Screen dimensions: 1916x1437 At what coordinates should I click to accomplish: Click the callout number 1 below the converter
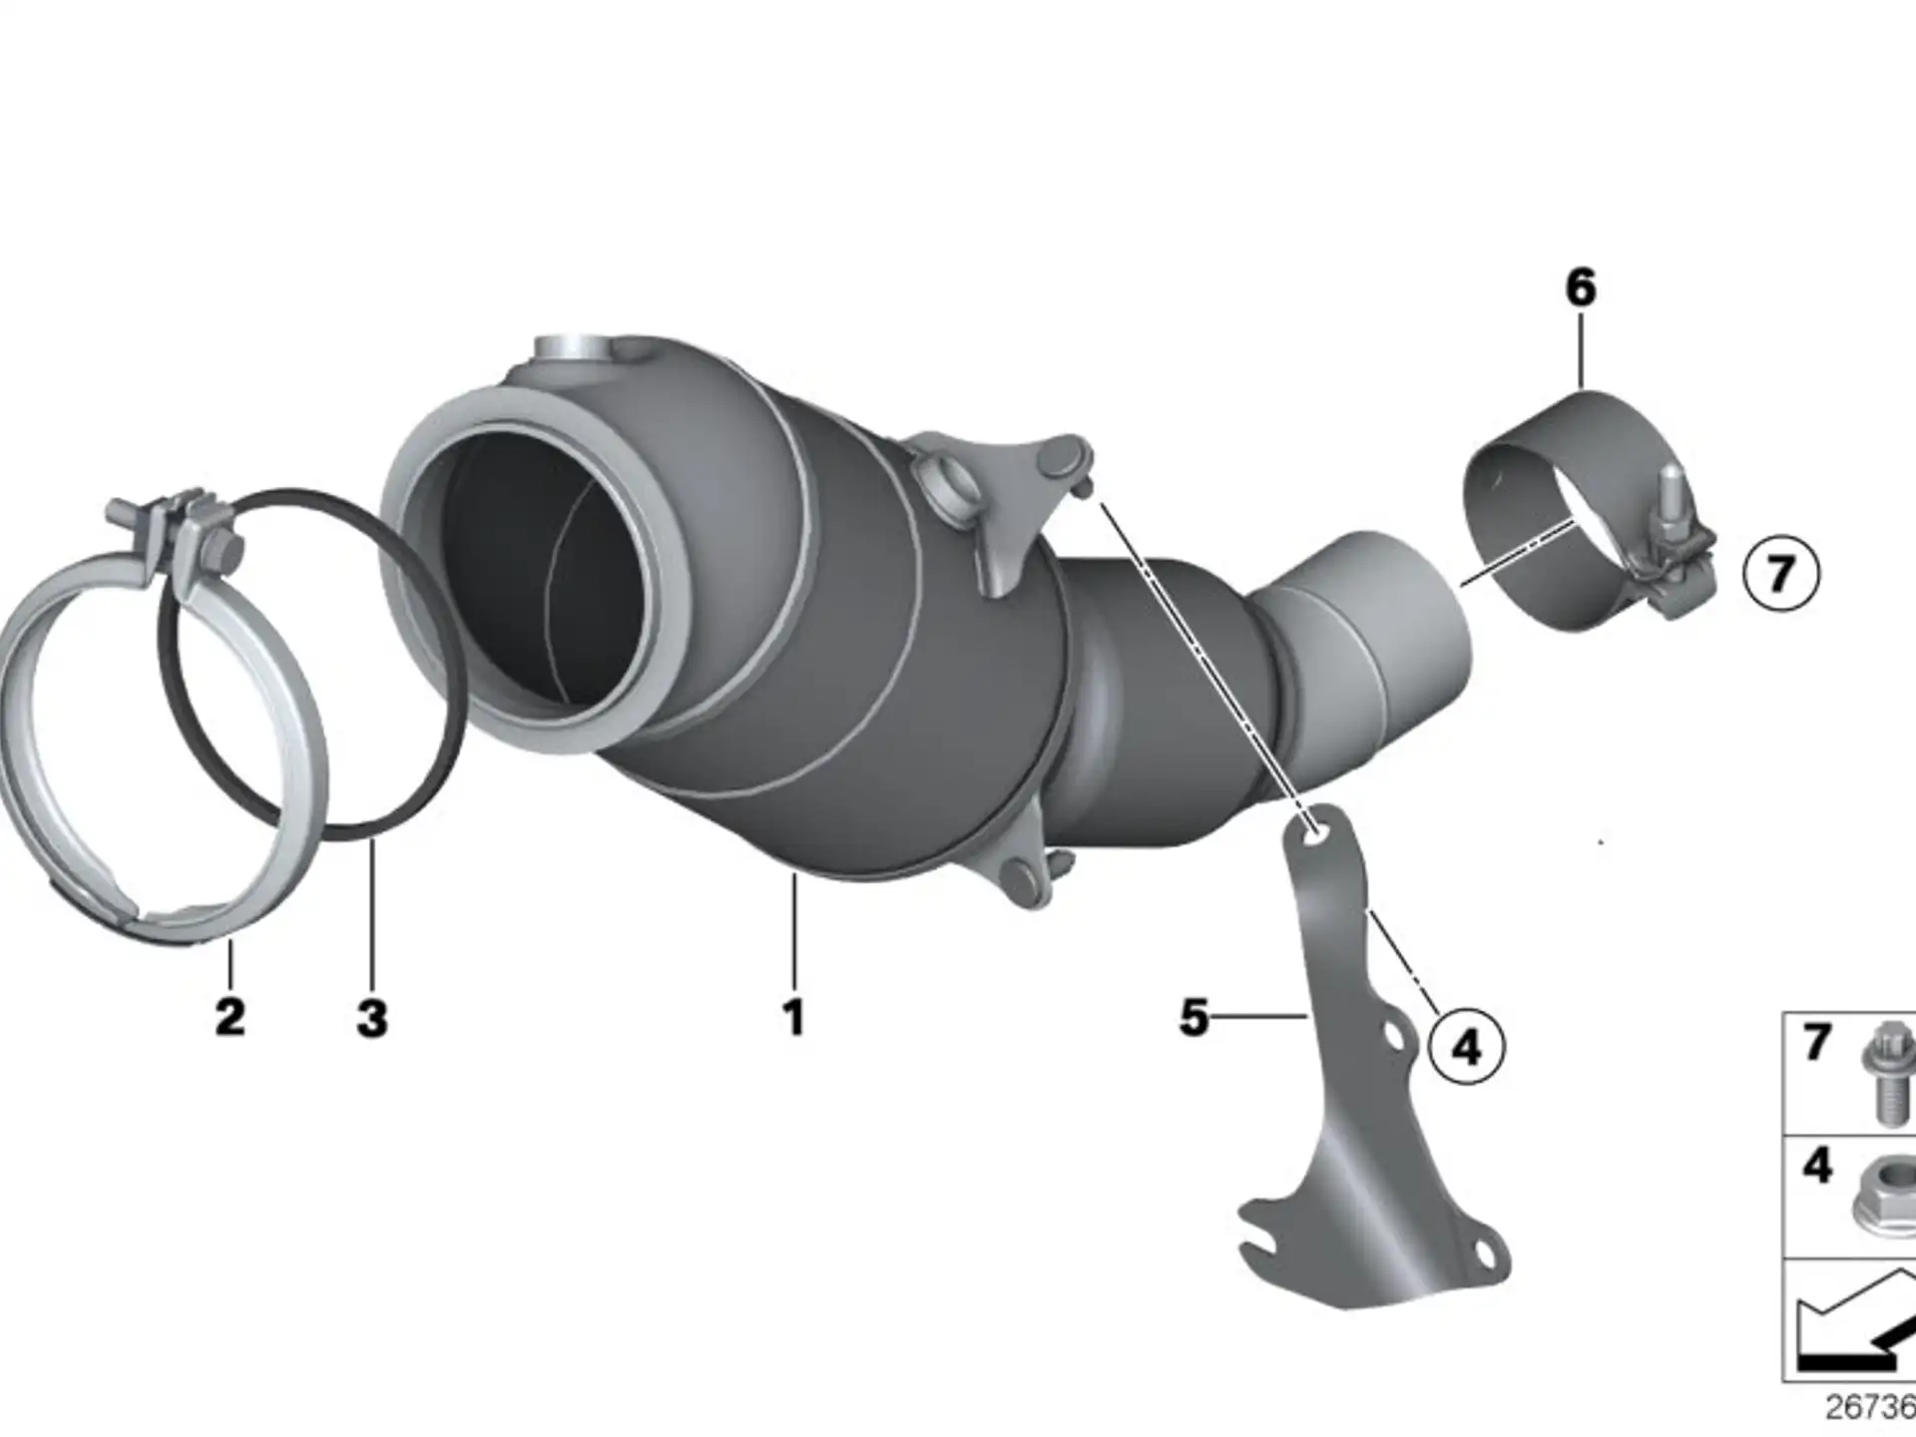793,1017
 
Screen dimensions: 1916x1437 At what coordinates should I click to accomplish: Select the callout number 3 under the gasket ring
371,1018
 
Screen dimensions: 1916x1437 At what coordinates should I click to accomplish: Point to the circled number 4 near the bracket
1466,1047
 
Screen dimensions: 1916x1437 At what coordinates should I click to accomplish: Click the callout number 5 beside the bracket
1194,1017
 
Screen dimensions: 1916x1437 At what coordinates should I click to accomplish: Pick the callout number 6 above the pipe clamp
1581,287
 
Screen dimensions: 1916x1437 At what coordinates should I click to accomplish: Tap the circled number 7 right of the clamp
1781,574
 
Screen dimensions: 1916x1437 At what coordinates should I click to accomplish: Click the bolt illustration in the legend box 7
1890,1073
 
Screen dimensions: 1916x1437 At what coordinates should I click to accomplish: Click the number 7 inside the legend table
1817,1043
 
